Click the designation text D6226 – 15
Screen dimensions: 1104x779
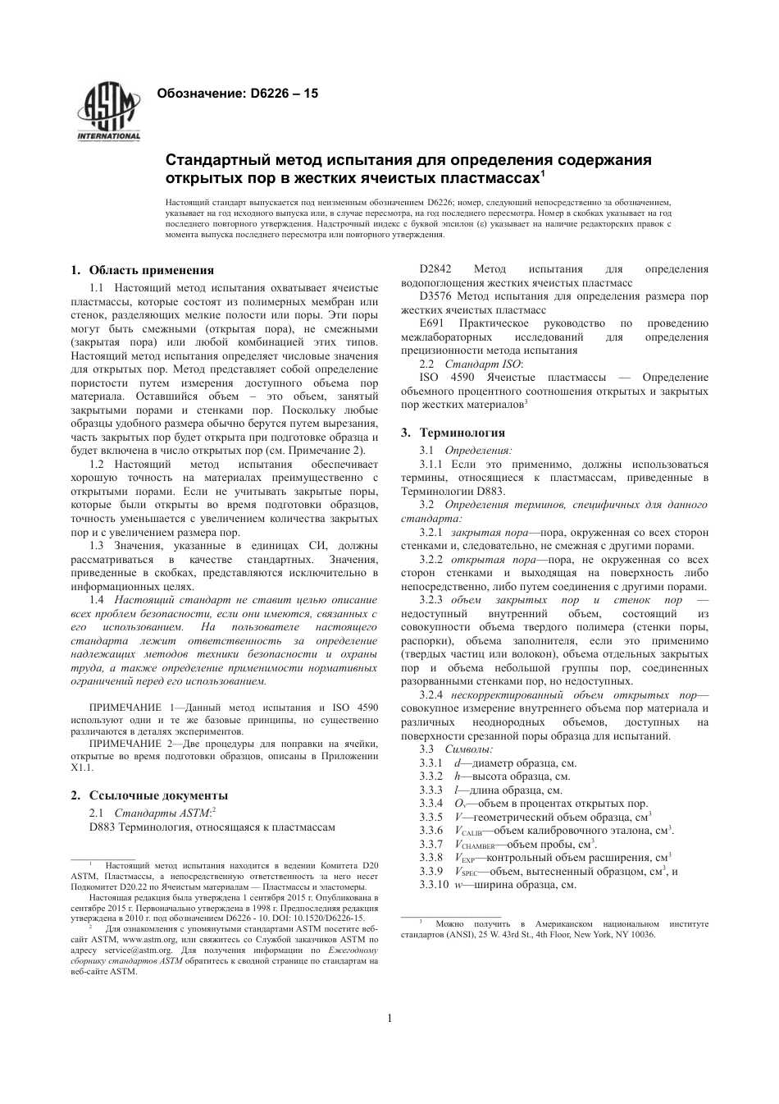click(x=278, y=94)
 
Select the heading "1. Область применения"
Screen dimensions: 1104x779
click(x=143, y=270)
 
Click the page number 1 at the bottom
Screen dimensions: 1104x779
click(x=389, y=1019)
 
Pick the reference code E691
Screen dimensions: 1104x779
click(x=431, y=323)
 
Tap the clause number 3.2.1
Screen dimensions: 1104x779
click(x=430, y=533)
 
